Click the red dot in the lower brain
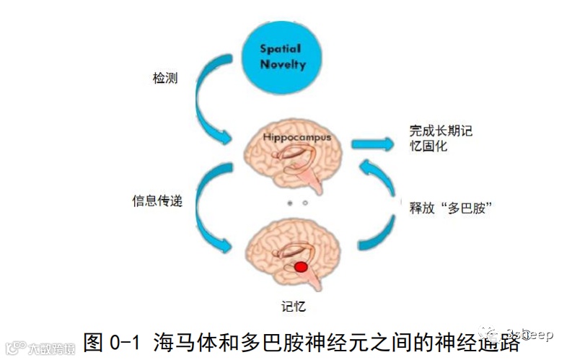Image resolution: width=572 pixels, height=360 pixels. tap(302, 268)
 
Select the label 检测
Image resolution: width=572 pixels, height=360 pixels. tap(164, 78)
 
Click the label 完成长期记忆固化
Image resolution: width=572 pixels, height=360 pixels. tap(431, 138)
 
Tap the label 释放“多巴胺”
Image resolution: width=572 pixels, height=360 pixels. tap(450, 208)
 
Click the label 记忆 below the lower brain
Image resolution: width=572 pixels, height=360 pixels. tap(292, 306)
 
